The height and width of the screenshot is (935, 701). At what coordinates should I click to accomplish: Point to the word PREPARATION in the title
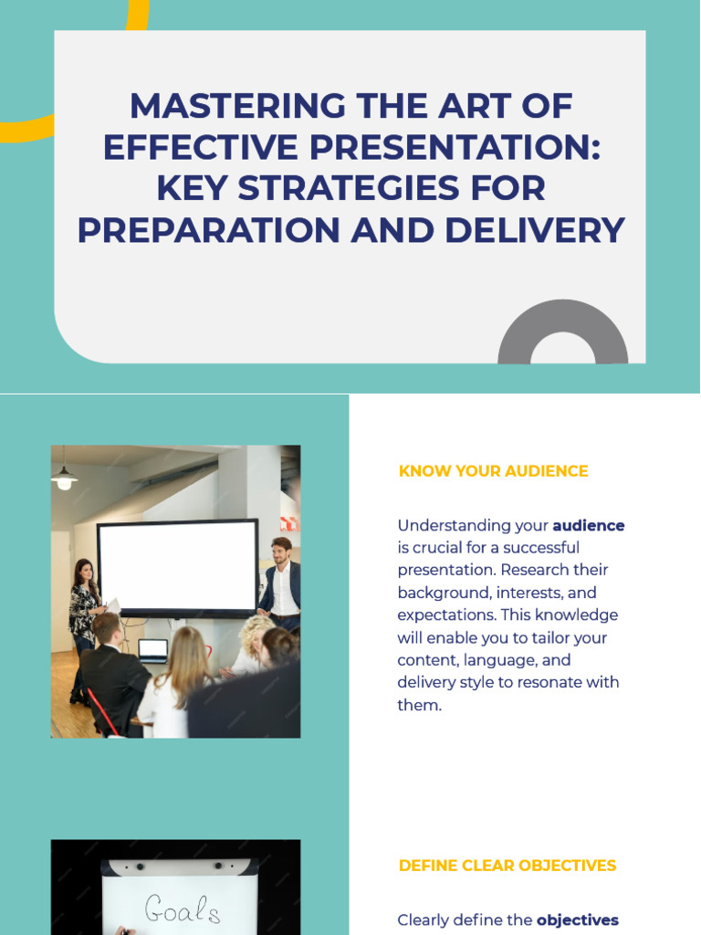coord(206,230)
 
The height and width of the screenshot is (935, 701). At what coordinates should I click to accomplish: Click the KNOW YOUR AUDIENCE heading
coord(493,471)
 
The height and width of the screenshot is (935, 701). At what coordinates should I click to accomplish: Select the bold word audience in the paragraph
coord(589,526)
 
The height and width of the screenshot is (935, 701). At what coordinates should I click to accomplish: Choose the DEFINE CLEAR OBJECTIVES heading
coord(507,866)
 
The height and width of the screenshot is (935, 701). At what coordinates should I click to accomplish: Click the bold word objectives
coord(578,920)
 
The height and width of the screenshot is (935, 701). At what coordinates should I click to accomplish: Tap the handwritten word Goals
coord(183,909)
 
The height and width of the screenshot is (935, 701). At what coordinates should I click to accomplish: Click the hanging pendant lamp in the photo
coord(64,478)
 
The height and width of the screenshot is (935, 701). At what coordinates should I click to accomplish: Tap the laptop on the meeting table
coord(152,650)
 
